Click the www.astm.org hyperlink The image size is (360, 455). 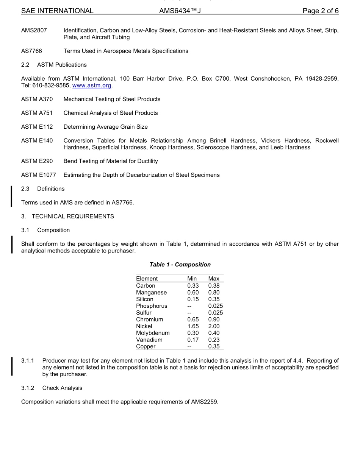pyautogui.click(x=92, y=86)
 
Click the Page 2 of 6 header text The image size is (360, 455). pyautogui.click(x=320, y=11)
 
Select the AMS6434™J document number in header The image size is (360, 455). pyautogui.click(x=180, y=11)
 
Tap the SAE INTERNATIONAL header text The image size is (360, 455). pyautogui.click(x=57, y=11)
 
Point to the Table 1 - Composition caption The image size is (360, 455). pyautogui.click(x=180, y=265)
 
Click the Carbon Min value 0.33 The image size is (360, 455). pyautogui.click(x=193, y=286)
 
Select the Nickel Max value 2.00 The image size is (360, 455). pyautogui.click(x=214, y=326)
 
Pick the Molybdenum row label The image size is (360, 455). pyautogui.click(x=153, y=333)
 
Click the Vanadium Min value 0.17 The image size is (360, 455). pyautogui.click(x=193, y=340)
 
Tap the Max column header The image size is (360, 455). pyautogui.click(x=214, y=279)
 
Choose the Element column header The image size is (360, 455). pyautogui.click(x=147, y=279)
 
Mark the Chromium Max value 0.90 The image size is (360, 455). pyautogui.click(x=214, y=319)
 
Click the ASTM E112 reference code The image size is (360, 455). pyautogui.click(x=37, y=127)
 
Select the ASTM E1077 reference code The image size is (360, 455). pyautogui.click(x=39, y=175)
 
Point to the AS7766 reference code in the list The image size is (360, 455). pyautogui.click(x=31, y=51)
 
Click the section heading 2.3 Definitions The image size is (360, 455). pyautogui.click(x=43, y=189)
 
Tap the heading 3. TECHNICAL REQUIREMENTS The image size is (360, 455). pyautogui.click(x=67, y=217)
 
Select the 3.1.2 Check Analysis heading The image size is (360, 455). pyautogui.click(x=52, y=388)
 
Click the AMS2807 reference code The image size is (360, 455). pyautogui.click(x=34, y=30)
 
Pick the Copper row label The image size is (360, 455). pyautogui.click(x=146, y=347)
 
